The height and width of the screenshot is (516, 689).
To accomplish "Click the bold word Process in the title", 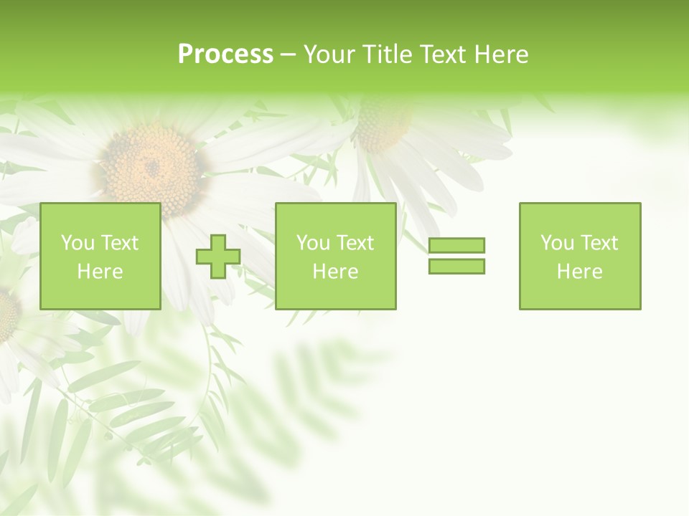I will (x=225, y=54).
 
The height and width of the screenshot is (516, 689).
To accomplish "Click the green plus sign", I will (x=218, y=257).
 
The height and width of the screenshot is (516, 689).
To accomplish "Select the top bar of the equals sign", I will (x=456, y=246).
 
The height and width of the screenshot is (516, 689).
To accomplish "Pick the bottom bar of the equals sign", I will (x=456, y=266).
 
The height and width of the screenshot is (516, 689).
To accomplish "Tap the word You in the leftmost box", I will (x=77, y=243).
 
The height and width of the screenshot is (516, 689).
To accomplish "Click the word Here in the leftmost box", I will (x=100, y=272).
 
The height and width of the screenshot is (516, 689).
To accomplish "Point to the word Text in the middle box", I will (x=355, y=243).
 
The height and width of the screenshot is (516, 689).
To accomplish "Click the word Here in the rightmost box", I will (x=579, y=272).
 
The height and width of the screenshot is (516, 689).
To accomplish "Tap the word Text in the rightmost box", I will (x=599, y=243).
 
